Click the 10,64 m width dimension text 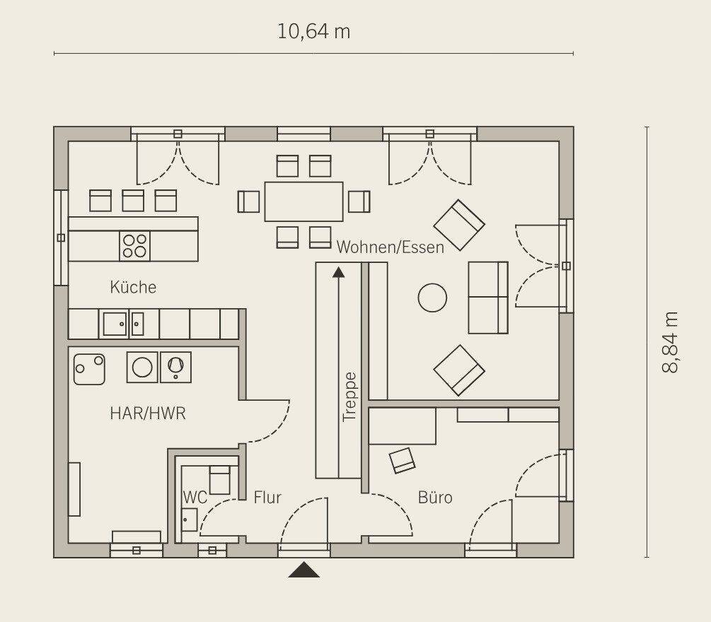coord(313,32)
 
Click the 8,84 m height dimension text coord(670,342)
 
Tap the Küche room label coord(133,287)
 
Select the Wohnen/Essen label coord(390,247)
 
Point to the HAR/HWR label coord(148,413)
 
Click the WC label coord(195,497)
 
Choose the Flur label coord(267,497)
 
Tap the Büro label coord(435,497)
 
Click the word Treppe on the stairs coord(349,397)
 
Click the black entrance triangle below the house coord(304,570)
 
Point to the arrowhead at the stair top coord(338,272)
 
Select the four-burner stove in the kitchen coord(134,245)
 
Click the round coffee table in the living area coord(432,298)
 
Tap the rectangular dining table coord(304,201)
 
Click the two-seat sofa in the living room coord(488,297)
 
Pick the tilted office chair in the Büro coord(403,460)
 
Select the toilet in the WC coord(219,480)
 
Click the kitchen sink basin coord(115,324)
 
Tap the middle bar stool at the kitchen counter coord(133,201)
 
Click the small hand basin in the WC coord(190,520)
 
